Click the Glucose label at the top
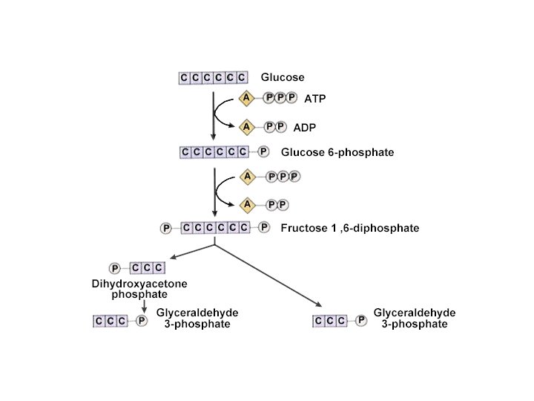click(282, 76)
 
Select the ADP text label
click(304, 127)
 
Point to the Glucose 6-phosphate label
click(337, 152)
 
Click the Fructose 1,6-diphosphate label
click(349, 228)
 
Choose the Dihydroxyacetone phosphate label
click(139, 289)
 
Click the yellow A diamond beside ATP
click(246, 97)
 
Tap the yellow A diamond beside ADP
click(246, 126)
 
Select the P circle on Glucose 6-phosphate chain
click(264, 152)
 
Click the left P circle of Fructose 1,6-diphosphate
click(166, 228)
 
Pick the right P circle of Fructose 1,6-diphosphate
click(264, 228)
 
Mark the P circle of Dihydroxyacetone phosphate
click(115, 268)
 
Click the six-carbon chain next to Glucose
click(213, 77)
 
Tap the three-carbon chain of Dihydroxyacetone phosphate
click(147, 268)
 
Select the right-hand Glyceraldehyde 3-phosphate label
click(414, 319)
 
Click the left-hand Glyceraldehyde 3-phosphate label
click(197, 319)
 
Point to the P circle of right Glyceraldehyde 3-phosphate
click(361, 321)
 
